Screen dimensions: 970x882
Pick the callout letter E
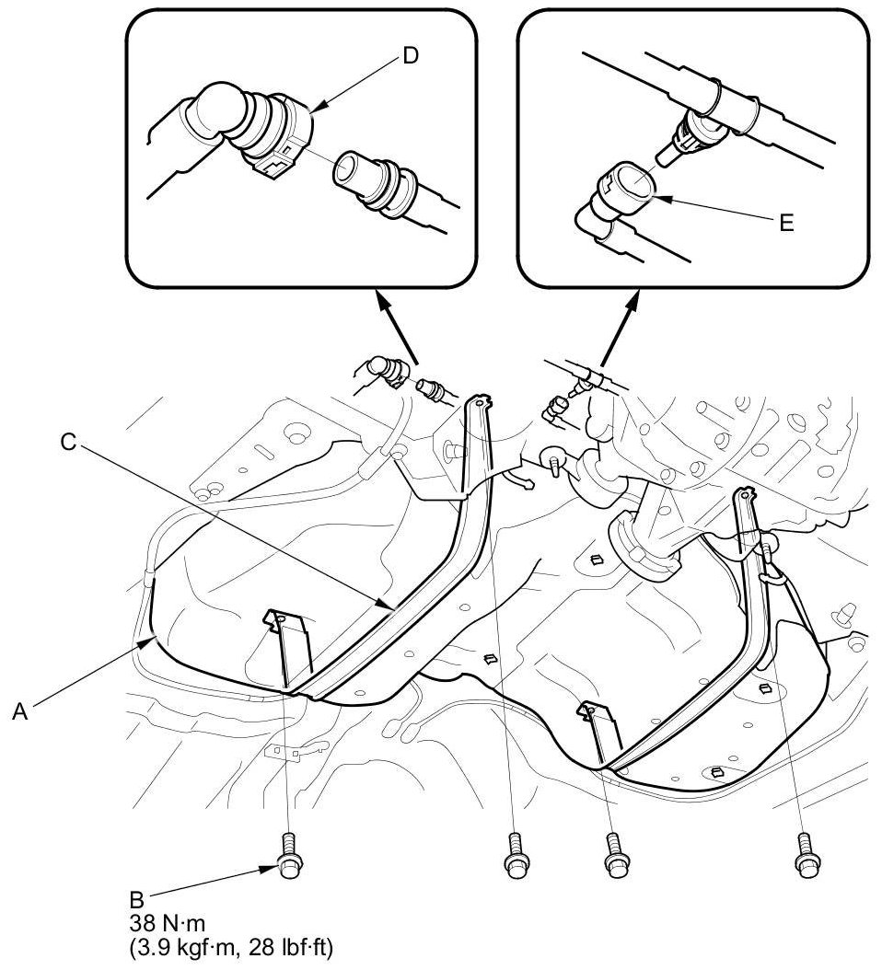tap(785, 223)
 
